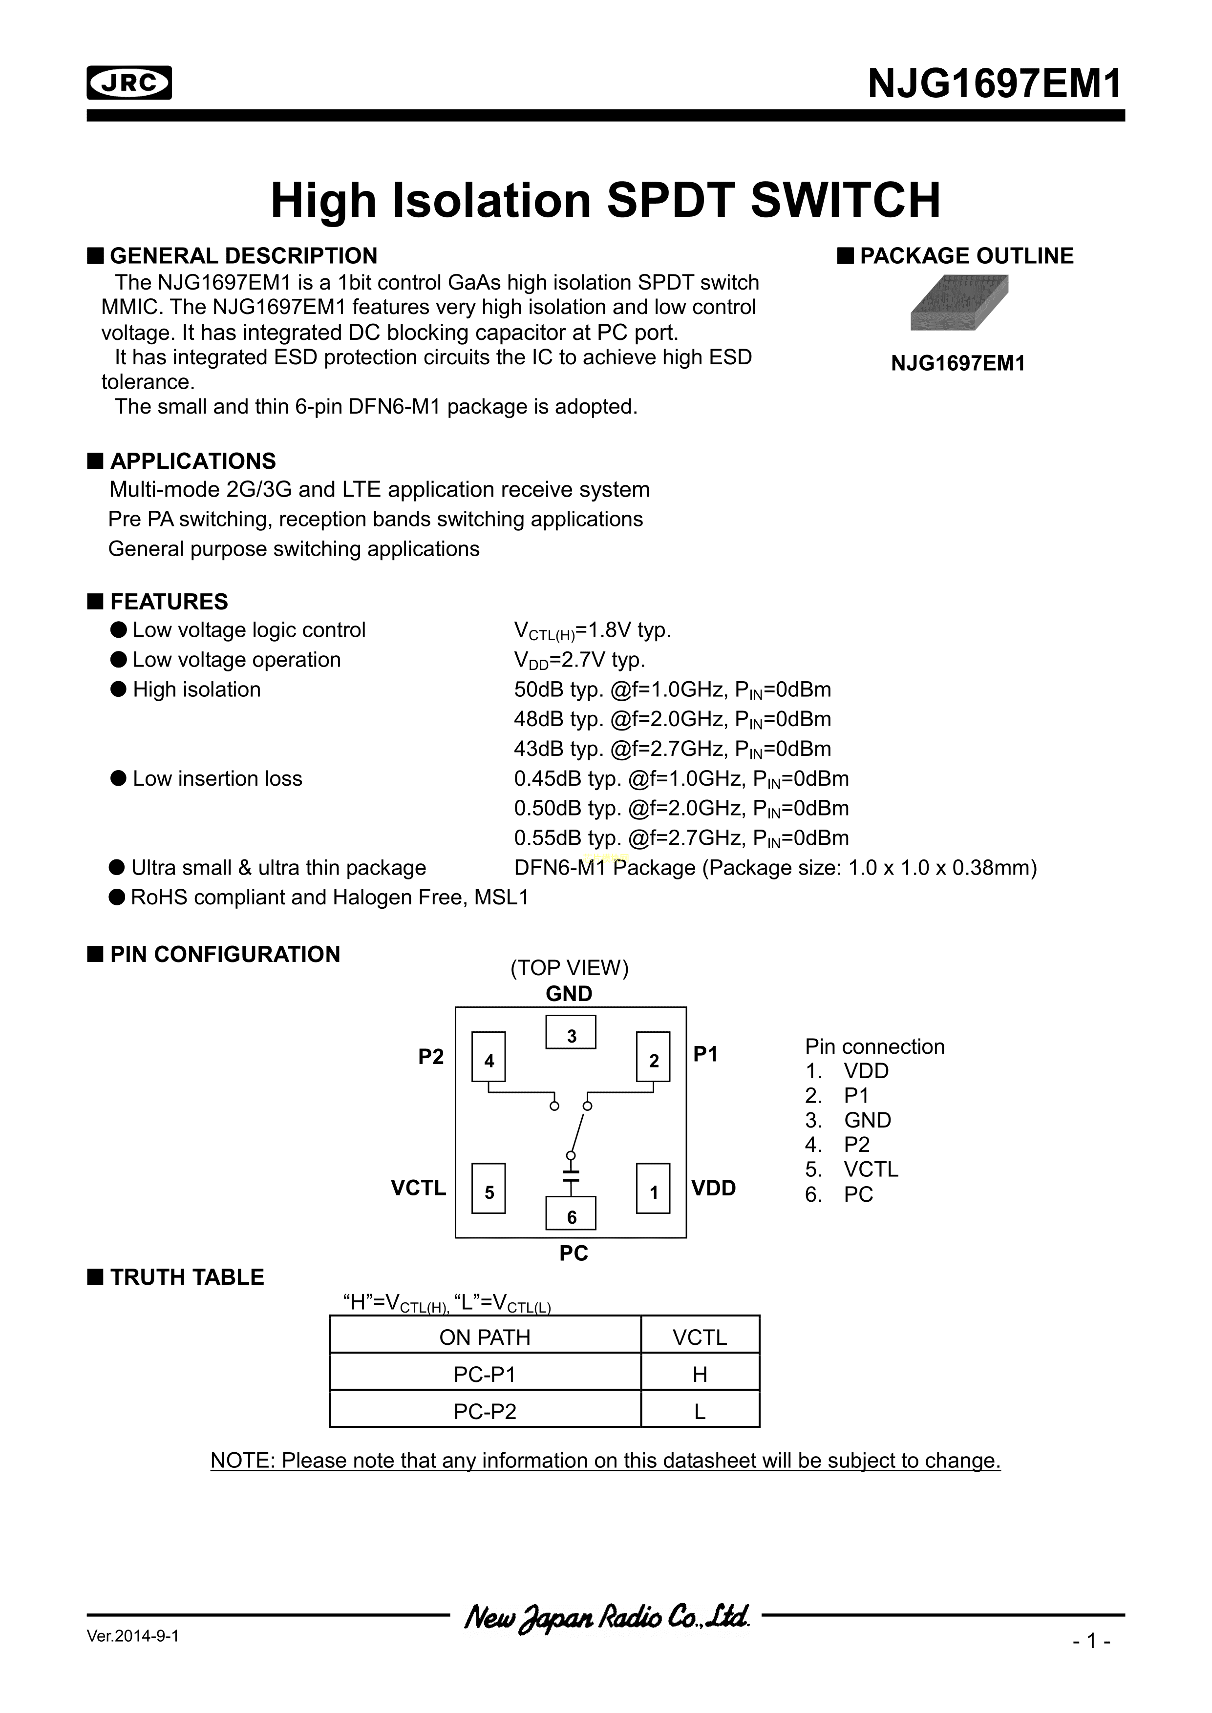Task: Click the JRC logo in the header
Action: pos(129,83)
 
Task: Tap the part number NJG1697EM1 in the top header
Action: pos(995,84)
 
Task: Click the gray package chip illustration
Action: pos(959,302)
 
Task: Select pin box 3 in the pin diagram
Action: pos(571,1033)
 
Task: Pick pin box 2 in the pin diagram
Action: pos(653,1056)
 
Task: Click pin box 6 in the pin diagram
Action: pos(571,1213)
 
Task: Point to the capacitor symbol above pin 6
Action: pos(571,1176)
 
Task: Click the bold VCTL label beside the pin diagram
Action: pos(418,1188)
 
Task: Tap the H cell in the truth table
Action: pos(699,1374)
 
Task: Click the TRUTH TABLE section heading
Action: pos(187,1277)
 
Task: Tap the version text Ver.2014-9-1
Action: pos(133,1637)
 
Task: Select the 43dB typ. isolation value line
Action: pos(672,749)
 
